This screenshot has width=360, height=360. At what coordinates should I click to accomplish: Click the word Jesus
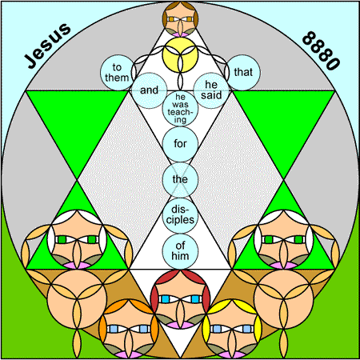[48, 46]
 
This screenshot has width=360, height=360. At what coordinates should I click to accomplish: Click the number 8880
[321, 50]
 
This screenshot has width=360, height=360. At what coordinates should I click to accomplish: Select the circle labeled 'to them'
[117, 72]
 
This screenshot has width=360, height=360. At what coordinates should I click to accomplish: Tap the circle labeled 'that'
[243, 72]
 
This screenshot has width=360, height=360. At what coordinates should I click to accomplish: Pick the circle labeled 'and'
[150, 90]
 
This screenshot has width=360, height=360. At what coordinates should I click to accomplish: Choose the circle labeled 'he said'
[211, 90]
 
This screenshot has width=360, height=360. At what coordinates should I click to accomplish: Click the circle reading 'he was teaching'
[180, 108]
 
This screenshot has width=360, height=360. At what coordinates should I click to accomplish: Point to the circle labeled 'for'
[180, 144]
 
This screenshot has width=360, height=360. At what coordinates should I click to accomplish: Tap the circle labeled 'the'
[180, 180]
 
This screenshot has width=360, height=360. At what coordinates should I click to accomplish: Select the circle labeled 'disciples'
[180, 215]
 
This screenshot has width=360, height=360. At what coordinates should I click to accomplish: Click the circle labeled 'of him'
[180, 251]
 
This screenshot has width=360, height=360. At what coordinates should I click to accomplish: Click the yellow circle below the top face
[180, 54]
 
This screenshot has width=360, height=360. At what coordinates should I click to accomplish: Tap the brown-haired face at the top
[180, 19]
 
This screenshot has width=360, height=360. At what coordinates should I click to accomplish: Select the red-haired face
[180, 299]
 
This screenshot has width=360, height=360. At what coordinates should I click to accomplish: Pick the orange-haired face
[129, 329]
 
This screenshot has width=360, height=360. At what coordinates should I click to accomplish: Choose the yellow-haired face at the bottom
[232, 329]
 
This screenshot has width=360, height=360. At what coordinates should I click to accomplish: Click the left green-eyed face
[77, 239]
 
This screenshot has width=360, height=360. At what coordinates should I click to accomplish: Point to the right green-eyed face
[284, 239]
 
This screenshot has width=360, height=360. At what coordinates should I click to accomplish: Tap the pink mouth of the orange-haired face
[129, 354]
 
